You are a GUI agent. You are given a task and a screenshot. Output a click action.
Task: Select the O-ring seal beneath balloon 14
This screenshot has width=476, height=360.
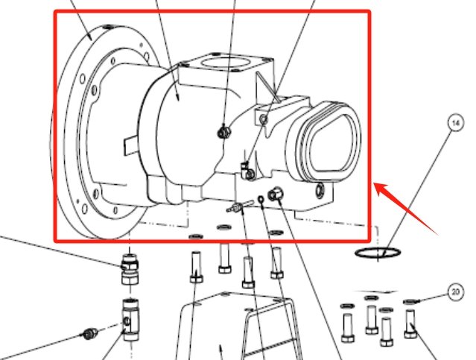[x=375, y=254]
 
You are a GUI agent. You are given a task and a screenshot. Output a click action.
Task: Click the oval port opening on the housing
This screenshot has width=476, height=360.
[x=329, y=146]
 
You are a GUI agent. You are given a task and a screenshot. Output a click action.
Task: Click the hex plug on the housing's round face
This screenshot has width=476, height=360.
[x=221, y=133]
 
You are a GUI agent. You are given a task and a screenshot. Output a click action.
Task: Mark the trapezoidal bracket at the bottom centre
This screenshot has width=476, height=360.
[x=223, y=328]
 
